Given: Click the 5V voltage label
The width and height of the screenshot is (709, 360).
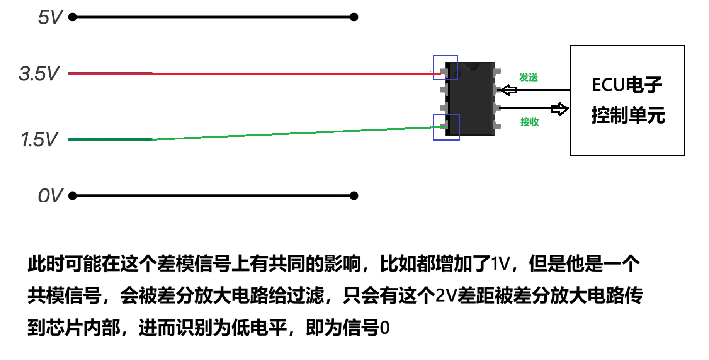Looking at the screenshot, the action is click(x=50, y=17).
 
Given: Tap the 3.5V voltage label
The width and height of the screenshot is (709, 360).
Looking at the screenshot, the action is click(x=39, y=73).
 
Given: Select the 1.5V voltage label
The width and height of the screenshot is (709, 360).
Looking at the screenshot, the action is click(x=39, y=139).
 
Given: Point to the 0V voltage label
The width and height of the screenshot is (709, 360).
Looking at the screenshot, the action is click(x=50, y=195).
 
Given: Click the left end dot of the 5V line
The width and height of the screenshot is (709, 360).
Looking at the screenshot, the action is click(x=72, y=17).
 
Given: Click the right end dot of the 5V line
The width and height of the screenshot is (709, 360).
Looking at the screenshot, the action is click(x=354, y=17).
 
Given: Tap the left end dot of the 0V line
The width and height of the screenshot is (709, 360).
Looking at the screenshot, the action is click(x=72, y=196).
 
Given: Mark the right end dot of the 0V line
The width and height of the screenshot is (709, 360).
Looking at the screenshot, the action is click(x=354, y=196).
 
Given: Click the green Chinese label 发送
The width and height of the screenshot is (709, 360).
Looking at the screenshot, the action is click(x=528, y=77).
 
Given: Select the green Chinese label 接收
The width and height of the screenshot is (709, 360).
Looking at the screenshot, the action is click(x=529, y=122).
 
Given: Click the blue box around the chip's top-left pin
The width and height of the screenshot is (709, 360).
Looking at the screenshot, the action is click(x=445, y=68).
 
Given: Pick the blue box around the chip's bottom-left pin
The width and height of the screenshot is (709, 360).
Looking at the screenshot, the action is click(x=446, y=127).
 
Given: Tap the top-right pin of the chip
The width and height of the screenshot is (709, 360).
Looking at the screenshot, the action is click(x=497, y=71).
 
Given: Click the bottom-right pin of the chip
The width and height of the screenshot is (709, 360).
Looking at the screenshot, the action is click(x=497, y=126).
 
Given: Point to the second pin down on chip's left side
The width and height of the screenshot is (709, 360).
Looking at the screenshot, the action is click(x=444, y=90).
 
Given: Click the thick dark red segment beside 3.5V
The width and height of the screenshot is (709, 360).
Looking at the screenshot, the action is click(x=110, y=73).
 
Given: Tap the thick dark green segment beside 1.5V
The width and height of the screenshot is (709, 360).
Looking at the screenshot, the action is click(x=110, y=139).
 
